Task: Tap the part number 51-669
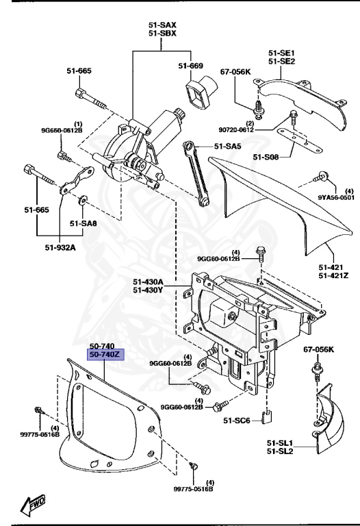point(192,66)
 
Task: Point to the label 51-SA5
point(229,146)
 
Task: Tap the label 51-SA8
point(83,223)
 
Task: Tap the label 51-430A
point(148,281)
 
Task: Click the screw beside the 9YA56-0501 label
point(319,177)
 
